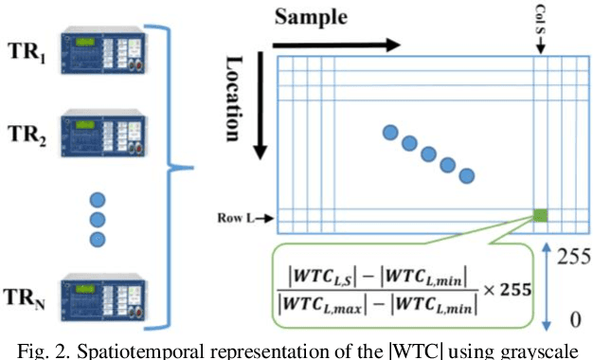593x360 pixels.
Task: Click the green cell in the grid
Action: pyautogui.click(x=540, y=216)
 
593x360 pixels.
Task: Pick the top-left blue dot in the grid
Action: pyautogui.click(x=389, y=132)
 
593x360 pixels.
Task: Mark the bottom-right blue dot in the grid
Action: pyautogui.click(x=466, y=175)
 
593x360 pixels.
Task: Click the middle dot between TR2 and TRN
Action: pyautogui.click(x=96, y=221)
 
